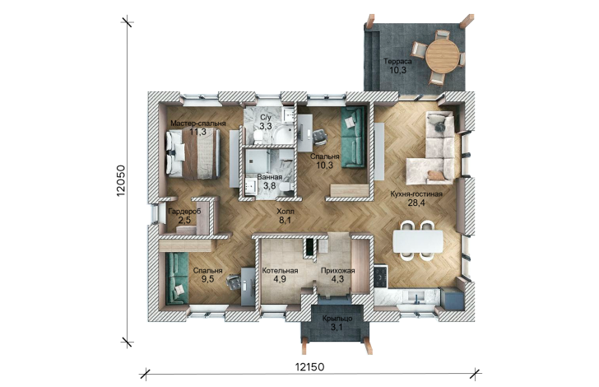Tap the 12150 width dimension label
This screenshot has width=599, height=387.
pos(310,367)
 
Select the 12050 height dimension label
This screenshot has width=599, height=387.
pos(121,181)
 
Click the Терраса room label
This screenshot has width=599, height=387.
pos(397,61)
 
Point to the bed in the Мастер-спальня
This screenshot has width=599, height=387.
pos(193,154)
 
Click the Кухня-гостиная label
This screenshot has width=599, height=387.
pos(416,193)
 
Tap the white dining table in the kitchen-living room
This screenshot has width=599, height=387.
pos(418,241)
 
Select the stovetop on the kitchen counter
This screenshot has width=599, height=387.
pos(381,277)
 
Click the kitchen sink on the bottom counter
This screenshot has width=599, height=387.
pos(417,296)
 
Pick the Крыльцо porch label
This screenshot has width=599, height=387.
pos(337,319)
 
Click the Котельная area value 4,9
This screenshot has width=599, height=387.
pos(280,279)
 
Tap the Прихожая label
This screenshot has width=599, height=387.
pos(337,271)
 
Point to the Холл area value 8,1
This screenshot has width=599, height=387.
pos(286,220)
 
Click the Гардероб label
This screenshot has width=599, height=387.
pos(184,212)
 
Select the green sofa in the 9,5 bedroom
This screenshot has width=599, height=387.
pos(177,278)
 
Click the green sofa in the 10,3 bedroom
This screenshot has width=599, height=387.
pos(353,137)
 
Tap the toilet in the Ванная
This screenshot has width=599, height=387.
pos(286,187)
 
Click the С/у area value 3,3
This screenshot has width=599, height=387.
pos(266,126)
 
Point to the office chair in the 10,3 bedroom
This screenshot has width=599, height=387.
pos(319,137)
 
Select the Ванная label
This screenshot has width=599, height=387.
pos(270,177)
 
